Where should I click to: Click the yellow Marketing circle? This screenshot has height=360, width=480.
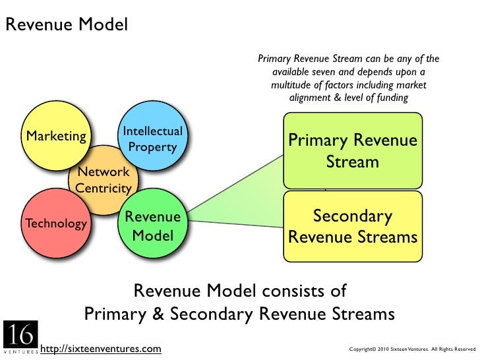click(x=56, y=136)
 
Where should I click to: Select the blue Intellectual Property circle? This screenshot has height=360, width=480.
click(x=153, y=136)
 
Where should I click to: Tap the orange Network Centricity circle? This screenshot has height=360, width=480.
click(x=104, y=180)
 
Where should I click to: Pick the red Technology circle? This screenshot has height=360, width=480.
click(x=56, y=223)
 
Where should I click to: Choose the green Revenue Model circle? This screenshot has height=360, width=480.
click(x=153, y=223)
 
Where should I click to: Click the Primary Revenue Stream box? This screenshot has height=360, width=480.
click(x=353, y=150)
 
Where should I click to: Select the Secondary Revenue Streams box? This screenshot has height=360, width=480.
click(x=353, y=226)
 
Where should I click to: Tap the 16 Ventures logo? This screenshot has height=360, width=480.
click(x=21, y=337)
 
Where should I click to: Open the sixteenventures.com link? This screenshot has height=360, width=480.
click(x=101, y=349)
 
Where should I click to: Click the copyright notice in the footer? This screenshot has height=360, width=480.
click(x=412, y=349)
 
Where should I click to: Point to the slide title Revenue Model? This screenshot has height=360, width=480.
click(x=67, y=24)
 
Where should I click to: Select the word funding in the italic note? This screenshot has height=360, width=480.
click(x=392, y=98)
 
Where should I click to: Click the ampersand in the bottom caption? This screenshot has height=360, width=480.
click(x=158, y=314)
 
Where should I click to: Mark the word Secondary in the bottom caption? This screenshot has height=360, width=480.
click(x=212, y=314)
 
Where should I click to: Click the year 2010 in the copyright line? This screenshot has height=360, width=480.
click(x=383, y=349)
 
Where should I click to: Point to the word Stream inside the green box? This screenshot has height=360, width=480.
click(x=352, y=162)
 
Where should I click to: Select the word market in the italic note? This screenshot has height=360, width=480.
click(x=411, y=84)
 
